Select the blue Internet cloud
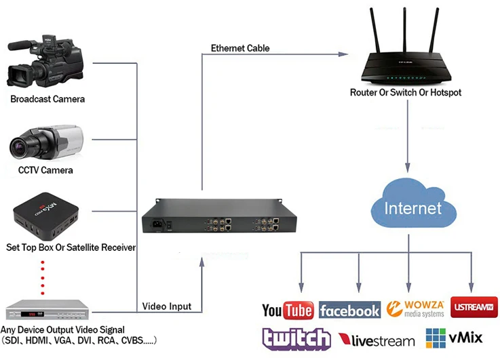click(412, 207)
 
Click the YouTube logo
click(287, 311)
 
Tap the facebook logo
click(349, 311)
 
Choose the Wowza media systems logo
click(415, 308)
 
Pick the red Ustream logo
click(474, 307)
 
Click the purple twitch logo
click(296, 338)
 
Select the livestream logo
click(377, 340)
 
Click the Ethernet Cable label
click(240, 48)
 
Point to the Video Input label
click(167, 306)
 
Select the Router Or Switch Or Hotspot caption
click(405, 92)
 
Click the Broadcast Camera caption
click(47, 99)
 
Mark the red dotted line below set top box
click(44, 277)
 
